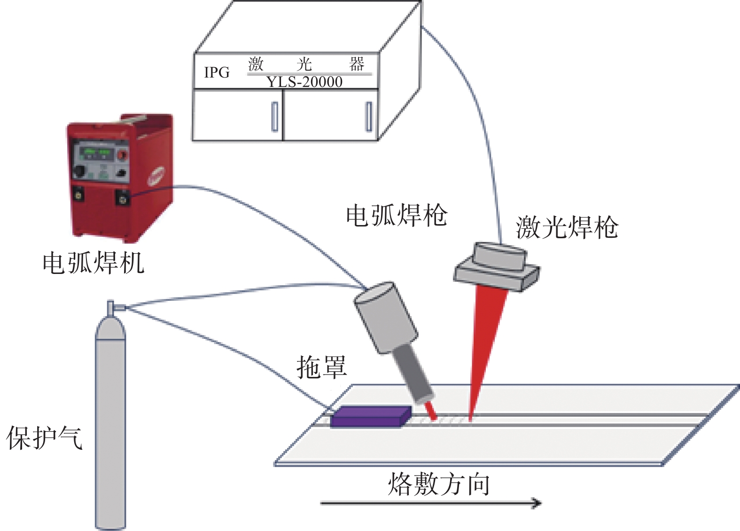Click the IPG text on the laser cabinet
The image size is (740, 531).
coord(217,72)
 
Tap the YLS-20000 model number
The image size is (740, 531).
coord(304,82)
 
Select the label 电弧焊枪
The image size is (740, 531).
coord(397,216)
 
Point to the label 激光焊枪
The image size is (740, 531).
coord(567,227)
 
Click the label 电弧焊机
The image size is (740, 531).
coord(93,263)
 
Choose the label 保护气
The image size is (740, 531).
coord(45,438)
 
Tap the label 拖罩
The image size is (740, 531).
coord(322,367)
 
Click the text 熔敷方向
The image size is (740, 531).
coord(439,484)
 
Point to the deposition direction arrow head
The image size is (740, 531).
coord(537,503)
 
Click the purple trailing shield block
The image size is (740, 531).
coord(370,416)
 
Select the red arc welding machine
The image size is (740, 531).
coord(120,179)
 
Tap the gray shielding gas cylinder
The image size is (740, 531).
coord(110,423)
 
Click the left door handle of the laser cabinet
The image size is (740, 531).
coord(274,117)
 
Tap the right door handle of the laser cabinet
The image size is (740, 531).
coord(369,117)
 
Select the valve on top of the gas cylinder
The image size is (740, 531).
coord(112,308)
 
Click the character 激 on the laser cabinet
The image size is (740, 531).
coord(256,63)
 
